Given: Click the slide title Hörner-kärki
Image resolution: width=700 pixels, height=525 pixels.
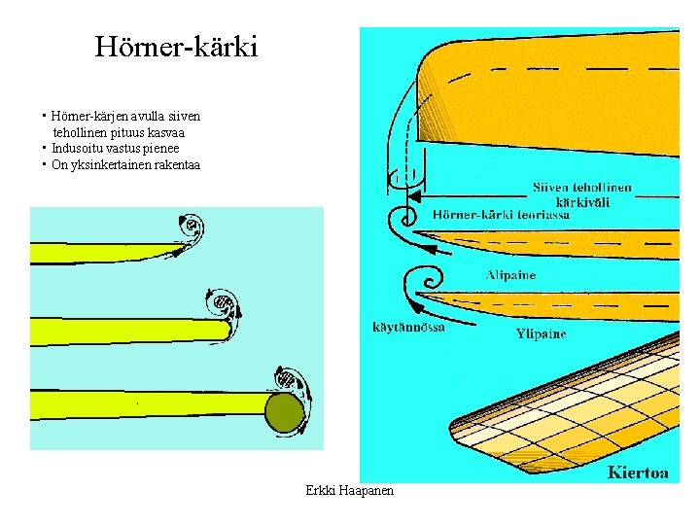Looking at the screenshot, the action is coord(176,46).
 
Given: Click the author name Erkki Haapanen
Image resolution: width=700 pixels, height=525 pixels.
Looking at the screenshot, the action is coord(349,491).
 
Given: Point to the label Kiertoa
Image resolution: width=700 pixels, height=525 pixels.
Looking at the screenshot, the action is coord(638,472).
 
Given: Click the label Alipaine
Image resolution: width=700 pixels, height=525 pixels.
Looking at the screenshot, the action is coord(510,275).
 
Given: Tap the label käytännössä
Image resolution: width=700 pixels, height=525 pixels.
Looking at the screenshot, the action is coord(408,327).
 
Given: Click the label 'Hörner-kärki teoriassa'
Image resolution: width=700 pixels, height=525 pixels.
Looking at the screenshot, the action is coord(501,215).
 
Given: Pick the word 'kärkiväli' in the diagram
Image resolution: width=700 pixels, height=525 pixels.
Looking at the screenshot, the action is coord(582,201).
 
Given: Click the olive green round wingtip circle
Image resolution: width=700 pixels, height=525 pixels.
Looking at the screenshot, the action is coord(285,412).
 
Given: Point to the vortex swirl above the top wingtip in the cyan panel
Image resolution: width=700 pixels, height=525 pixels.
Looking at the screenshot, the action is coord(191,230).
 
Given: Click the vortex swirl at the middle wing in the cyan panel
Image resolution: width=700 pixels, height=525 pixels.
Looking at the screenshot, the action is coord(223,304).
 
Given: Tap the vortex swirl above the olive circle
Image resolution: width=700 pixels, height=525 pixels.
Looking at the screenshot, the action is coord(288,377).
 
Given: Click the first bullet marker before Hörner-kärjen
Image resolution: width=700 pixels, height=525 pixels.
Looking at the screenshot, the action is coord(45,116).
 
